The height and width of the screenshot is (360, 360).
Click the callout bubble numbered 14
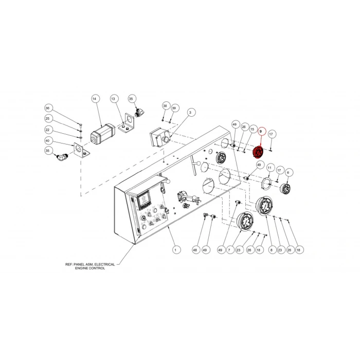tap(94, 99)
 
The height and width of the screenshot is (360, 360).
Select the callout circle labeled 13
tap(113, 99)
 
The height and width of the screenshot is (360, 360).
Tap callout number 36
tap(47, 108)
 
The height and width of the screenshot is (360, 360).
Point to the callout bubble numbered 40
tap(47, 141)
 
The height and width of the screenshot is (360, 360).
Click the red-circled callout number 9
tap(261, 132)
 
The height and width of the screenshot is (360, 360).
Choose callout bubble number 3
tap(190, 113)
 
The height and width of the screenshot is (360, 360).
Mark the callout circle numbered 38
tap(165, 106)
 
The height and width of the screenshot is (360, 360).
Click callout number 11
tap(269, 168)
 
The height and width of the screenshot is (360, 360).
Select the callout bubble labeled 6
tap(288, 172)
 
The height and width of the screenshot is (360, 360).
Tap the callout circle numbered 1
tap(176, 250)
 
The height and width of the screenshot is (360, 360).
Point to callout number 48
tap(195, 250)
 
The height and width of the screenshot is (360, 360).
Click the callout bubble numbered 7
tap(230, 250)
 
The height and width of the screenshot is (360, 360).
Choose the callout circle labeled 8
tap(272, 250)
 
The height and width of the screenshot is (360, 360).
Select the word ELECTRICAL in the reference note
tap(104, 264)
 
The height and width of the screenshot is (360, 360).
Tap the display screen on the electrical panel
tap(143, 199)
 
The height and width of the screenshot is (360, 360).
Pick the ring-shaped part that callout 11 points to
tap(266, 183)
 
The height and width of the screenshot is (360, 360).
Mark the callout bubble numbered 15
tap(253, 129)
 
